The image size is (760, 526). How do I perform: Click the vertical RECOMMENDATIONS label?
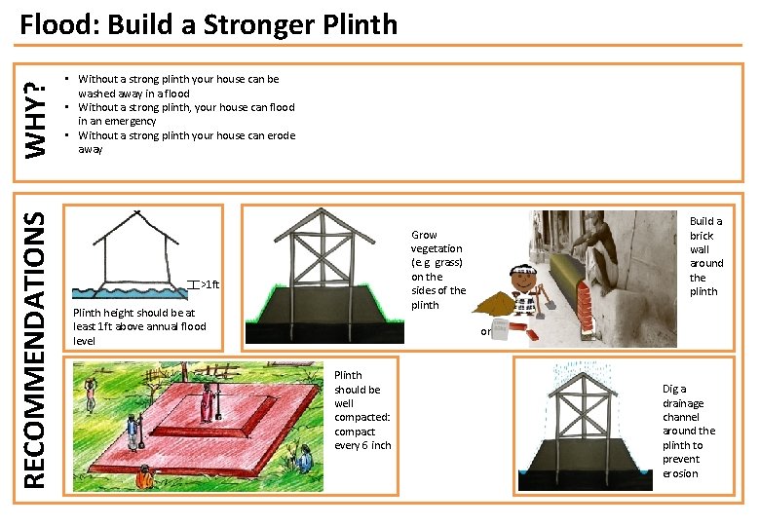pos(35,351)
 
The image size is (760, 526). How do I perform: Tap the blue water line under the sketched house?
pos(127,290)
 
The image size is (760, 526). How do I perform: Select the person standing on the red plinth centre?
pos(208,400)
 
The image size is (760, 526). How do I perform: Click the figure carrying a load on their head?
pos(90,389)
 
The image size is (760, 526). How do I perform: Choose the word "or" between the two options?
pos(484,332)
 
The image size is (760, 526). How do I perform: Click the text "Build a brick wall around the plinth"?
pos(706,256)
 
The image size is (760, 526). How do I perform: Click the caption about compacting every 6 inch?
pos(362,410)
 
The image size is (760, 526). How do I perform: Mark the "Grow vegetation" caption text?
pos(437,270)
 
